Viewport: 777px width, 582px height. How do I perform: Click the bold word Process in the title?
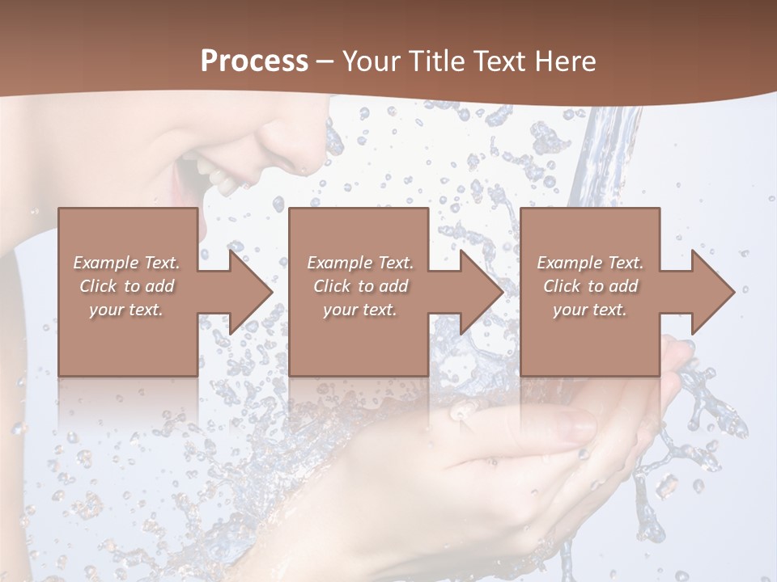pos(254,61)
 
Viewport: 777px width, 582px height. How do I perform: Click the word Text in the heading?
pos(498,61)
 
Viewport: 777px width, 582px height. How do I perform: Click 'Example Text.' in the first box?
pos(126,263)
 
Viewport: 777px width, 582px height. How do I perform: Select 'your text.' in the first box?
pos(126,310)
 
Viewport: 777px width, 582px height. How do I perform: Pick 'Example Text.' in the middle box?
pos(360,263)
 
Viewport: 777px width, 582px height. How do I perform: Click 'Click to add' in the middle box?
pos(360,286)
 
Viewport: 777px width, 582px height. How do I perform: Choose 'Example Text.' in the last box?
pos(590,263)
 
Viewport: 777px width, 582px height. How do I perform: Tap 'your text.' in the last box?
pos(590,310)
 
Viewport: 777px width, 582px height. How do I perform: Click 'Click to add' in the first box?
pos(126,286)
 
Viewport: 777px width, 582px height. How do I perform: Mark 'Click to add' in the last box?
pos(590,286)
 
